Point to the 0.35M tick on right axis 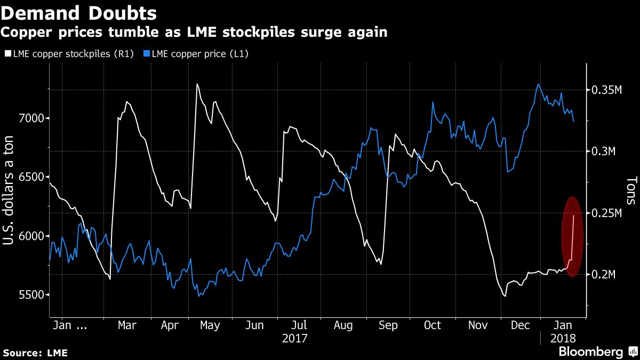(x=607, y=90)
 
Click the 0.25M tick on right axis (x=607, y=213)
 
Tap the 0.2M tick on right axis (x=605, y=275)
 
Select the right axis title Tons (x=631, y=191)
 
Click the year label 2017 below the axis (x=295, y=338)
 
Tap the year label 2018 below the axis (x=563, y=338)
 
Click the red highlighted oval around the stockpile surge (x=572, y=237)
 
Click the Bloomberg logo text (x=590, y=352)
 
